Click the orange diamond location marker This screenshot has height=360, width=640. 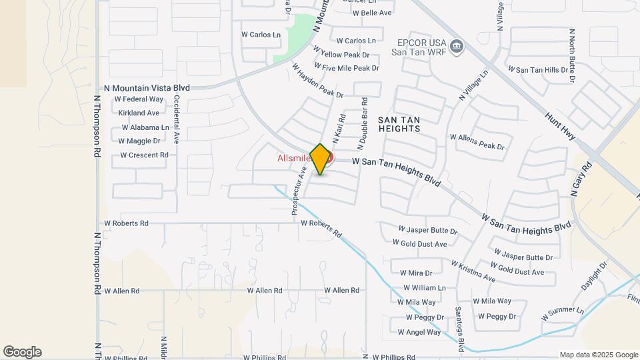pos(320,159)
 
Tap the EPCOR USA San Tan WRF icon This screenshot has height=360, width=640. pos(457,46)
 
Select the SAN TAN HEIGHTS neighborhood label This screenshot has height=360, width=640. pos(399,123)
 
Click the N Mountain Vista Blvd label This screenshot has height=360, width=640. pos(147,88)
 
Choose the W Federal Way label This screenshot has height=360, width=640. pos(139,99)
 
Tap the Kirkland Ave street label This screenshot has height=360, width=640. pos(139,113)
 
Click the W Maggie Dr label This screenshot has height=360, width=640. pos(139,141)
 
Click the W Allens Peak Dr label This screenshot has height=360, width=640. pos(477,141)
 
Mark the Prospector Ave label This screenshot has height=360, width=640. pos(297,191)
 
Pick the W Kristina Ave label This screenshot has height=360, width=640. pos(473,271)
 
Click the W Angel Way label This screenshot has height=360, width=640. pos(419,332)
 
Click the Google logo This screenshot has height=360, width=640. pos(22,352)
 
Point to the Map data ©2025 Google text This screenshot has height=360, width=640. pos(598,355)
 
